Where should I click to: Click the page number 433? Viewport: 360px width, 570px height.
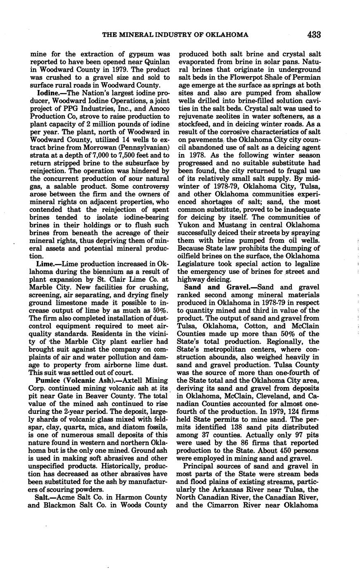314,35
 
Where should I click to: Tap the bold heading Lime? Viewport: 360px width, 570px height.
45,264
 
